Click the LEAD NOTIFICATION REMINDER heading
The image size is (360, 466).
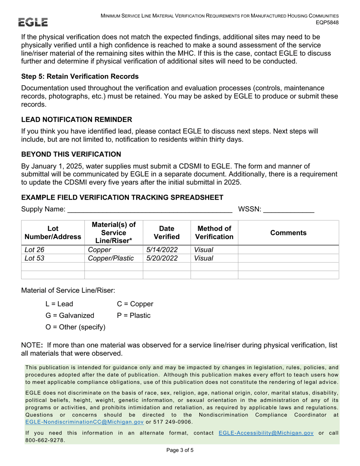coord(77,120)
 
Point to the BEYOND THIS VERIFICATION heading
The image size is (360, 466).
coord(71,154)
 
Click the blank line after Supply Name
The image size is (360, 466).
coord(150,210)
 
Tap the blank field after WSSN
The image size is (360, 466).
coord(288,210)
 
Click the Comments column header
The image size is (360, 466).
coord(288,233)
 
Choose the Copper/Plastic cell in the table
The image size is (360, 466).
coord(111,258)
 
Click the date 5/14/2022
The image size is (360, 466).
coord(162,250)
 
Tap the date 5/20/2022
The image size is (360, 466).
coord(162,258)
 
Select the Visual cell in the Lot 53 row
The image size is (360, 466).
coord(203,258)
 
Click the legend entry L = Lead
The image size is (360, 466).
coord(59,304)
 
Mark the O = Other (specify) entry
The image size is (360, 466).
coord(75,327)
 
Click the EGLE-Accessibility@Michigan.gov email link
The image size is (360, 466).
coord(266,433)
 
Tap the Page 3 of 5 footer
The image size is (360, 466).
coord(180,450)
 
